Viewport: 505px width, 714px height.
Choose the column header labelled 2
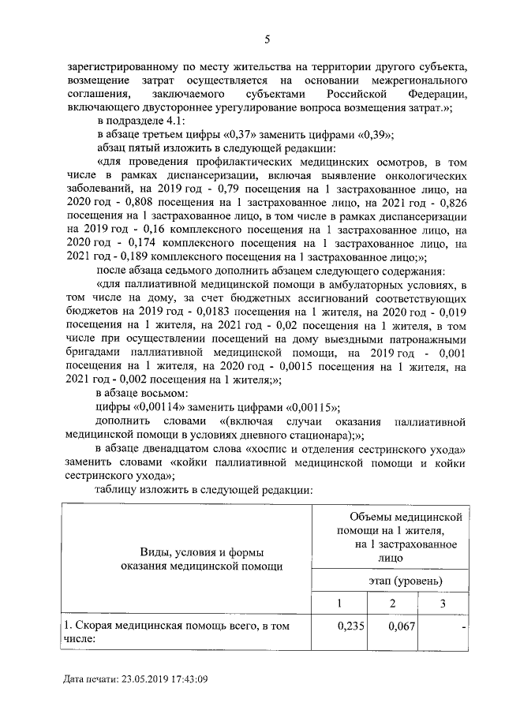pyautogui.click(x=393, y=604)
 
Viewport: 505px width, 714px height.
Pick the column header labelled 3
pyautogui.click(x=443, y=604)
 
